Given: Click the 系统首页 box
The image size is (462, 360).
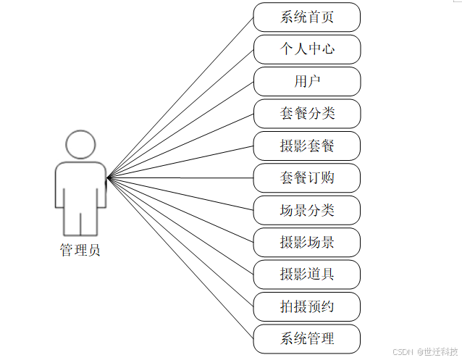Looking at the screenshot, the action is (x=307, y=17).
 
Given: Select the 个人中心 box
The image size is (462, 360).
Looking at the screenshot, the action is (x=307, y=49).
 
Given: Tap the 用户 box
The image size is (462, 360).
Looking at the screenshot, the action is (x=307, y=81).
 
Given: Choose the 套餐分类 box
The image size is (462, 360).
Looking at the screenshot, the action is (x=307, y=114).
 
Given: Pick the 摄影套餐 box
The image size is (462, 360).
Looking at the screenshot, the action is (x=307, y=146).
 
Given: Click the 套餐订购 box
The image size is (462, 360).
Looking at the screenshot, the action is (x=307, y=177).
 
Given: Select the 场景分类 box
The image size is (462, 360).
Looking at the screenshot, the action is (x=307, y=210).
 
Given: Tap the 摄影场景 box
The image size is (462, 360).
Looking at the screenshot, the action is (x=307, y=242).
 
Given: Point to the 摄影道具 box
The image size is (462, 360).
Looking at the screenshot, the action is (x=307, y=274).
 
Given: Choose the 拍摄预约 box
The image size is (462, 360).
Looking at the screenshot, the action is (x=307, y=306).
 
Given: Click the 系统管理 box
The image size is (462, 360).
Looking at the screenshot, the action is (x=307, y=338).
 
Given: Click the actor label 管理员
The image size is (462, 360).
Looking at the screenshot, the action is (x=80, y=251).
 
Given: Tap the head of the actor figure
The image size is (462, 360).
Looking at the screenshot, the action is (x=80, y=143).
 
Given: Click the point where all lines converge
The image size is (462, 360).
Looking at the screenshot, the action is (x=107, y=177).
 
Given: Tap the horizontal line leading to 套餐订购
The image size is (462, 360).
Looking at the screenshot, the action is (x=181, y=177).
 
